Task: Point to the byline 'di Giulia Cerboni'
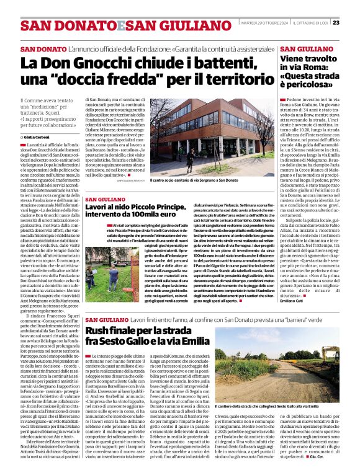click(38, 135)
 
